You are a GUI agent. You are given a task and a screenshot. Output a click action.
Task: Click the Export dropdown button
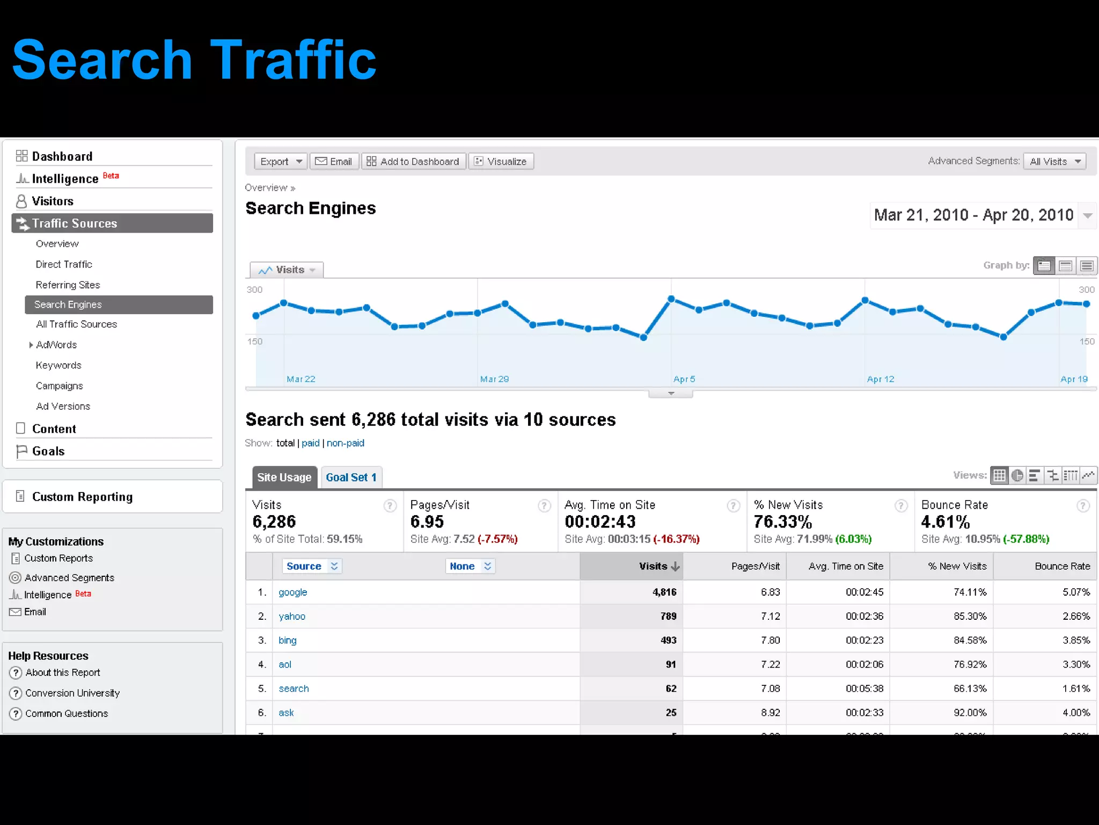281,161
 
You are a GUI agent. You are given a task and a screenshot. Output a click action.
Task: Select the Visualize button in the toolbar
501,161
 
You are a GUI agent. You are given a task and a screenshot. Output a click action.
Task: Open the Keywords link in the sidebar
58,365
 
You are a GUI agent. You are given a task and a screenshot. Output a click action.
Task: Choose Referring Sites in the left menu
68,285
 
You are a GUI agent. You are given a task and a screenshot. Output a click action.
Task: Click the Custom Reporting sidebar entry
82,497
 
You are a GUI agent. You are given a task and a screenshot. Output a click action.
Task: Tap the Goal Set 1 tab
351,477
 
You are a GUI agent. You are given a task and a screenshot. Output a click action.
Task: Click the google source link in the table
292,592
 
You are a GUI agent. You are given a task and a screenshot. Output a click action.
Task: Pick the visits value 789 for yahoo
668,616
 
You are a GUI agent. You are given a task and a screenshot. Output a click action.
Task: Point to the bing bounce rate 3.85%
1076,640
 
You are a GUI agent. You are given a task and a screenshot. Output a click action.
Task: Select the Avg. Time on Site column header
845,566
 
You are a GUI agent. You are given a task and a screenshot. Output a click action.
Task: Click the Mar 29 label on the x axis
494,379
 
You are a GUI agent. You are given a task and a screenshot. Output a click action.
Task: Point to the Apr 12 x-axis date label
881,379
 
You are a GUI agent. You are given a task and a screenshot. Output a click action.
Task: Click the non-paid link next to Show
346,443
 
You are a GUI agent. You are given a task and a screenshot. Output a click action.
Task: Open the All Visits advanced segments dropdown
1054,161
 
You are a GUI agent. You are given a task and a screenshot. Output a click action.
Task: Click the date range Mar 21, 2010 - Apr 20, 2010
973,215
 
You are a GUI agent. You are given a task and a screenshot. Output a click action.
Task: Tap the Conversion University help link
72,693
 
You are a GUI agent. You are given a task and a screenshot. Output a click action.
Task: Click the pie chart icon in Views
1017,475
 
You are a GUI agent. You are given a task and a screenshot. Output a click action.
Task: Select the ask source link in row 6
286,713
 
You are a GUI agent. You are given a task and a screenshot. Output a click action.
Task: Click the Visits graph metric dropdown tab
287,270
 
